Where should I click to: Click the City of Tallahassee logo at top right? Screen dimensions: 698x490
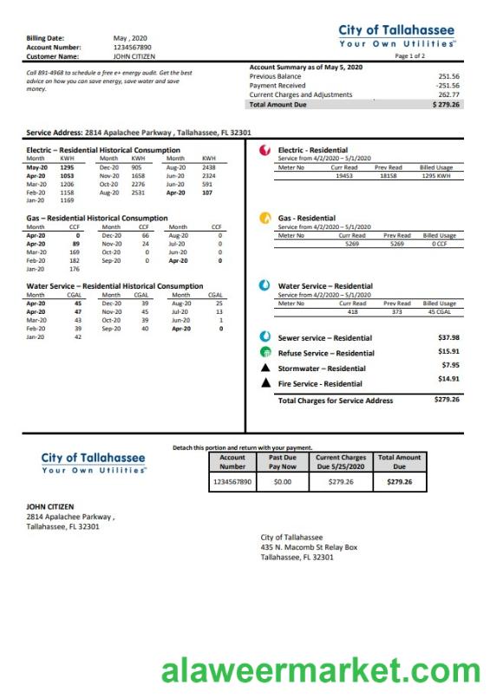click(397, 36)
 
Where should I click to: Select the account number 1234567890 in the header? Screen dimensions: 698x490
click(132, 47)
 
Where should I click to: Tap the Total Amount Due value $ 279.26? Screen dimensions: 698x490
click(446, 104)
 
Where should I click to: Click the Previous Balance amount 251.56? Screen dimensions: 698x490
click(448, 76)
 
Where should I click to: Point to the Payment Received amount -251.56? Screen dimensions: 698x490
click(448, 86)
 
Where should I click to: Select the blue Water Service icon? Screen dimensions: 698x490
click(265, 285)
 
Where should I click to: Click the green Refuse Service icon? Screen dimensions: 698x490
click(265, 353)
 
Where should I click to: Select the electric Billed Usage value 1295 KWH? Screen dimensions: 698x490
click(437, 175)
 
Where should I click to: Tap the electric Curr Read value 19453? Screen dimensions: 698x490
click(344, 175)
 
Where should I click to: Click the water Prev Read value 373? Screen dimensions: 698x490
click(397, 310)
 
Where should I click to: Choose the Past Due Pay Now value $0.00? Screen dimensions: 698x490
click(282, 481)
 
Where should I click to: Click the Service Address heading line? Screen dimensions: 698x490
click(139, 133)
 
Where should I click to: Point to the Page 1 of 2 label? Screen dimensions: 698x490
click(409, 55)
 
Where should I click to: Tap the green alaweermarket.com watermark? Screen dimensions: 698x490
click(320, 671)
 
